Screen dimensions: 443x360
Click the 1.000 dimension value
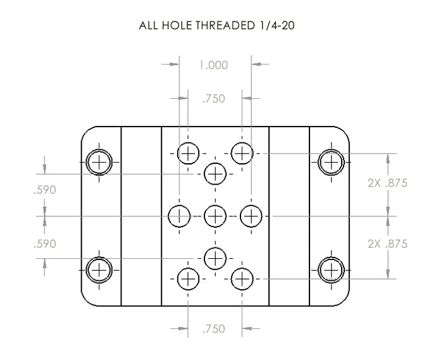point(214,65)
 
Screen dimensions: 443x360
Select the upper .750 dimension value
point(214,99)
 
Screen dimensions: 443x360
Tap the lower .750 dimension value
point(214,329)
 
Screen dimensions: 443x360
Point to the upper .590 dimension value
point(45,190)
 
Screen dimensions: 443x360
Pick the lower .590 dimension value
point(45,244)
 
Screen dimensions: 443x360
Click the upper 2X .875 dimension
point(387,183)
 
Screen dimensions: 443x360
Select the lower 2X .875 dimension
point(387,244)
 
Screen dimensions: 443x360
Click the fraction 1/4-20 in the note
point(276,25)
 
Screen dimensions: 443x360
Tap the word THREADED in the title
point(225,25)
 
